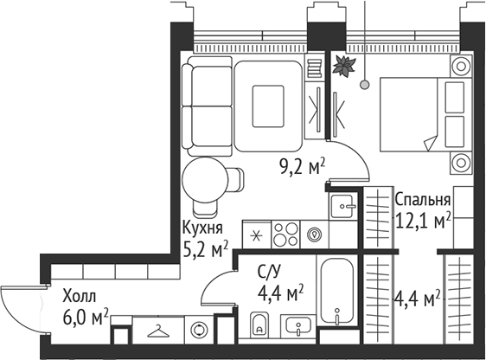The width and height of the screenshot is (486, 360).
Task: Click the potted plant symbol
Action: pos(345,65)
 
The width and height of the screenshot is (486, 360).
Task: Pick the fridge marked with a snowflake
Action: pos(256,233)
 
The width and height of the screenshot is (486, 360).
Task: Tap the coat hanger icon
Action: pos(158,330)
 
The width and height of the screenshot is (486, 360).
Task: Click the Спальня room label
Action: pos(423,201)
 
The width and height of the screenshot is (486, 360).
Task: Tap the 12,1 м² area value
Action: pos(423,222)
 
